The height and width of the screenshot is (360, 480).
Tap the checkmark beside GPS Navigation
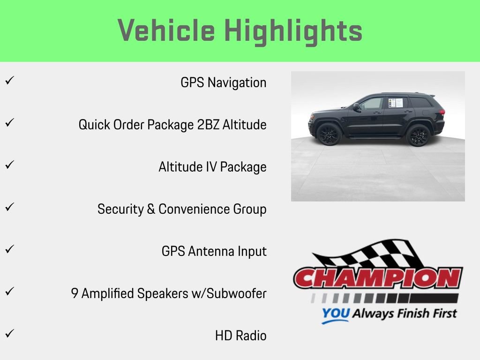[9, 81]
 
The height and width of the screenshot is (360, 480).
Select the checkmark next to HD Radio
[9, 334]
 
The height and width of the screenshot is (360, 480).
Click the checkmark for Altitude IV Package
[9, 165]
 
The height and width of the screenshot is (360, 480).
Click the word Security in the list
[120, 209]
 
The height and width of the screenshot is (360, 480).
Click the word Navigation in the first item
[237, 82]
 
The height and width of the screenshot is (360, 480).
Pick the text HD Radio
[240, 336]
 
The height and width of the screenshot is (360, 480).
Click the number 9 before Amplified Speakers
[75, 293]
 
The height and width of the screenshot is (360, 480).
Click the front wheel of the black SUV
[330, 134]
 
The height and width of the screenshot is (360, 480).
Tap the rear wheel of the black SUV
[418, 135]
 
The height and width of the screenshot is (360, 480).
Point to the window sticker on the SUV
[395, 102]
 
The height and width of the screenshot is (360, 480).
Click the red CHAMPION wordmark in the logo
[377, 278]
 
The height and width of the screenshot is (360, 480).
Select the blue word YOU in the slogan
[335, 314]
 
